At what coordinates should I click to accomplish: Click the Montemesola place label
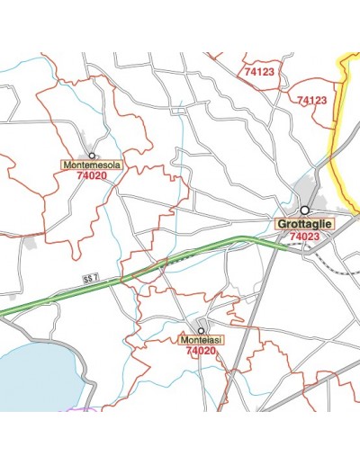(91, 165)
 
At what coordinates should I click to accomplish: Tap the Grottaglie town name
(304, 223)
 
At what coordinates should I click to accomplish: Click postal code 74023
(304, 237)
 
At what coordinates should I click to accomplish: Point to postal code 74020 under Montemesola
(91, 177)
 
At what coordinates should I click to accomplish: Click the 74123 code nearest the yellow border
(311, 100)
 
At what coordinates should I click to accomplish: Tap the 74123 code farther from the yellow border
(259, 71)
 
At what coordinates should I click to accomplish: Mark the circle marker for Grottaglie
(304, 210)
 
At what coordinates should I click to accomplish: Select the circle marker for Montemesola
(91, 155)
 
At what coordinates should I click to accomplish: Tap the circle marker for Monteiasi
(202, 330)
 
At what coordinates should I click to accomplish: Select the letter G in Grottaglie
(281, 223)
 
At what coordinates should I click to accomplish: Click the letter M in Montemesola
(66, 165)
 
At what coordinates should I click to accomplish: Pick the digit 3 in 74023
(316, 237)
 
